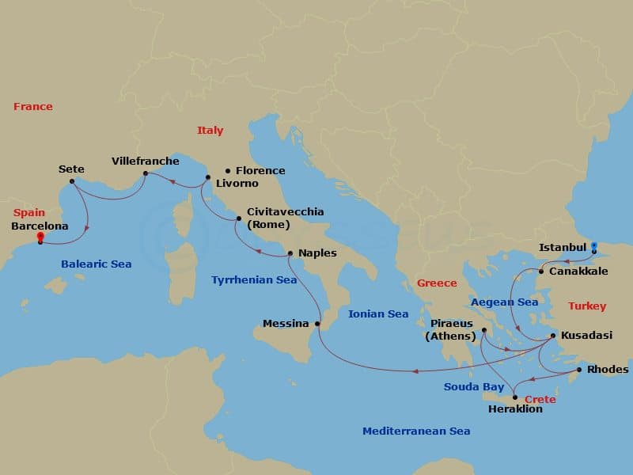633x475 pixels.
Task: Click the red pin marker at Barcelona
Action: [40, 237]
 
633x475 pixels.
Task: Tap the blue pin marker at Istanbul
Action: [594, 247]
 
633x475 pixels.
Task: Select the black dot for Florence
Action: [228, 170]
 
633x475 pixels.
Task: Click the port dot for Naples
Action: [290, 253]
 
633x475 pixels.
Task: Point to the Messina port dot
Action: [317, 324]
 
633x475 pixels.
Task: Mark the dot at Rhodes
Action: [579, 370]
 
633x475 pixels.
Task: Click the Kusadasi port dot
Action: [552, 336]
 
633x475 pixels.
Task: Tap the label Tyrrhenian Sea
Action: [254, 279]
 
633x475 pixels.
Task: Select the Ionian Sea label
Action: [378, 313]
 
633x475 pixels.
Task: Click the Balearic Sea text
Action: [98, 264]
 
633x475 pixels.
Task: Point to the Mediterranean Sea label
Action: [416, 431]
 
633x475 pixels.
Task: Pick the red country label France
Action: [33, 106]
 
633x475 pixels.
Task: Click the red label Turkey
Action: [587, 306]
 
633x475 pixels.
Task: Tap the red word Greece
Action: [437, 283]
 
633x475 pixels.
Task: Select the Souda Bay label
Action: [473, 386]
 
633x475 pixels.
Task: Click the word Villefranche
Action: [146, 161]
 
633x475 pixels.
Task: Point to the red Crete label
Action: [540, 399]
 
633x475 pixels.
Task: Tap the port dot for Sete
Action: [72, 181]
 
